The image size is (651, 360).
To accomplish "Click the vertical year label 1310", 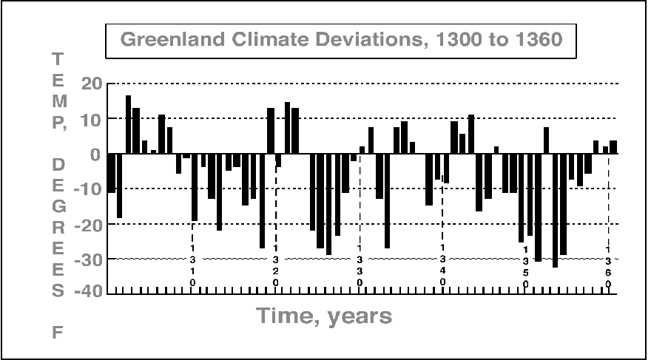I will click(193, 265).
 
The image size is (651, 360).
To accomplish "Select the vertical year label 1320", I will click(276, 265).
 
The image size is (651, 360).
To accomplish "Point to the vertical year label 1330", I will click(360, 265).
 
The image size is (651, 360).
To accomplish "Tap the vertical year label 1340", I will click(442, 265).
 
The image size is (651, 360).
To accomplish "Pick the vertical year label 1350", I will click(525, 265).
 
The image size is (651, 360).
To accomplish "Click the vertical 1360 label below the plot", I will click(608, 265).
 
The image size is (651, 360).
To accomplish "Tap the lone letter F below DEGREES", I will click(58, 333).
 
